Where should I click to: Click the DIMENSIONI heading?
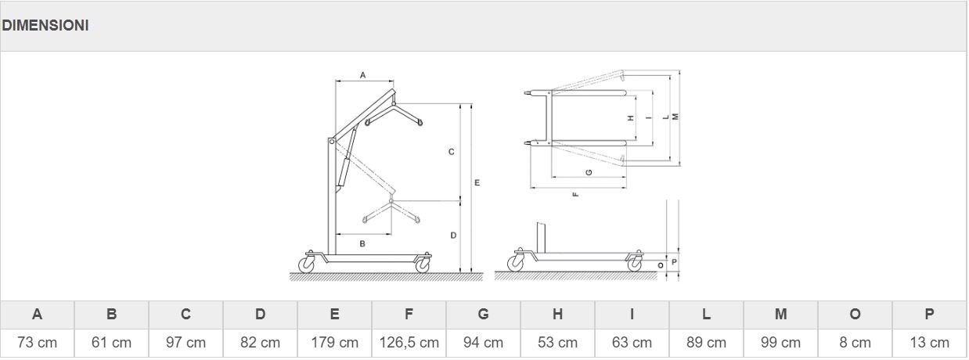pos(45,26)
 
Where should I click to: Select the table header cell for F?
pos(409,315)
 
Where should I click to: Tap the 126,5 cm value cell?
pos(409,343)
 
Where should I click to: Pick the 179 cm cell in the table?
pos(334,343)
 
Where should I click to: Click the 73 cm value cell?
pos(37,343)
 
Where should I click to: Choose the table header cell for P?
pos(929,315)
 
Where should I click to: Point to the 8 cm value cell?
pos(855,343)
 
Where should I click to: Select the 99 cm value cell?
pos(780,343)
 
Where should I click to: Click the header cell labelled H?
pos(557,315)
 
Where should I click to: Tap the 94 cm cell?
pos(483,343)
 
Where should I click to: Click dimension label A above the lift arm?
pos(362,75)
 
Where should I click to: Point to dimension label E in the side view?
pos(477,182)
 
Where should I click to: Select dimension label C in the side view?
pos(452,152)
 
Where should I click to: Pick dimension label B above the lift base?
pos(362,244)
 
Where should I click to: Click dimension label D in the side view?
pos(453,235)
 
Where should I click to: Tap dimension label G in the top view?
pos(588,172)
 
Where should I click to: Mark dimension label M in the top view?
pos(675,117)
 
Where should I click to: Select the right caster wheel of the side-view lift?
pos(423,265)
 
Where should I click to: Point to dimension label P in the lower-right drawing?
pos(674,261)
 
